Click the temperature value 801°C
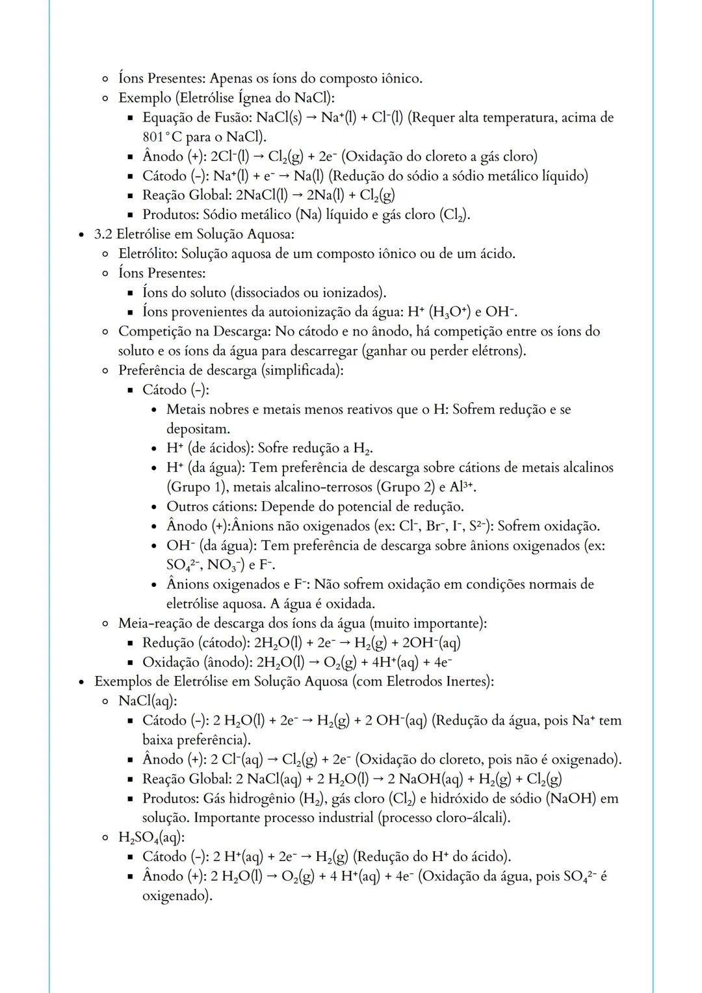pyautogui.click(x=163, y=138)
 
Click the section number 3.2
pyautogui.click(x=103, y=234)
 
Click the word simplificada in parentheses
pyautogui.click(x=304, y=370)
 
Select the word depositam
pyautogui.click(x=198, y=429)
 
